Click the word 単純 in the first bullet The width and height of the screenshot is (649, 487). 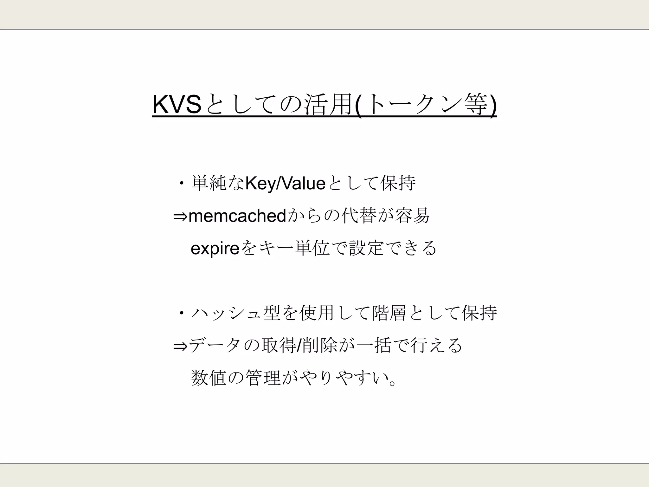(x=209, y=184)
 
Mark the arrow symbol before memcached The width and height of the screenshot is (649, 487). (x=181, y=217)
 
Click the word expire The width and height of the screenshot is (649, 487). (x=215, y=248)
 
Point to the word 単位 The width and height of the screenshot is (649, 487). (x=312, y=248)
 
